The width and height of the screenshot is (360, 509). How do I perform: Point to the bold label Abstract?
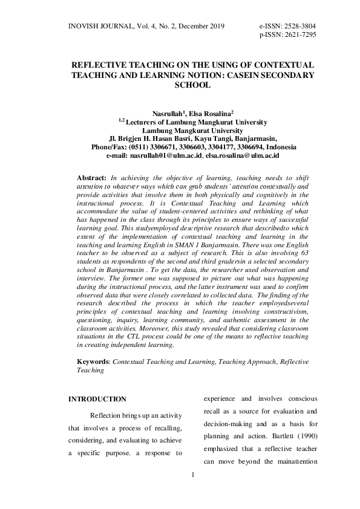91,180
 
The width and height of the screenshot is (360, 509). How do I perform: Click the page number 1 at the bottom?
192,475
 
